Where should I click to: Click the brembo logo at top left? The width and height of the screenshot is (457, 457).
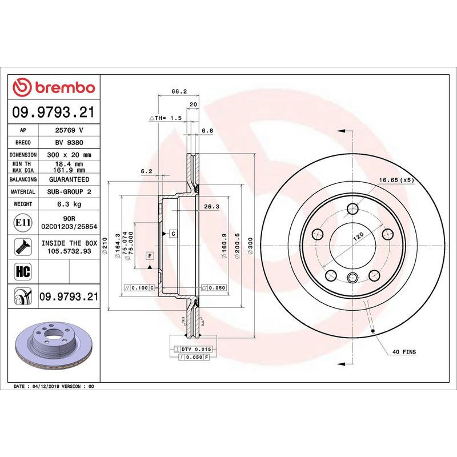pyautogui.click(x=54, y=87)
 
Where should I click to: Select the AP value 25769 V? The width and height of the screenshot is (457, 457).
pyautogui.click(x=69, y=130)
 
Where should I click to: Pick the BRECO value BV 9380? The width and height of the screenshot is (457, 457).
pyautogui.click(x=69, y=143)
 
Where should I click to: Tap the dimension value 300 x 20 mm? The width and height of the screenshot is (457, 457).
pyautogui.click(x=69, y=155)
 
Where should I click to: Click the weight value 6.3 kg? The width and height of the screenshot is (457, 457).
pyautogui.click(x=69, y=204)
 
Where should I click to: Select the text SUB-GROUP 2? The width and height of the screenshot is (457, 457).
pyautogui.click(x=69, y=192)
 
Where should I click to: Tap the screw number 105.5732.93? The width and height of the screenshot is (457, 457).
pyautogui.click(x=69, y=250)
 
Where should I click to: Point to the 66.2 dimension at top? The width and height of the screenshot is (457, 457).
pyautogui.click(x=179, y=91)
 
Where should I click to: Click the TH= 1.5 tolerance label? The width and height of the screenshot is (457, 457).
pyautogui.click(x=165, y=118)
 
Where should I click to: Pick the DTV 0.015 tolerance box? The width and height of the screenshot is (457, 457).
pyautogui.click(x=193, y=348)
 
